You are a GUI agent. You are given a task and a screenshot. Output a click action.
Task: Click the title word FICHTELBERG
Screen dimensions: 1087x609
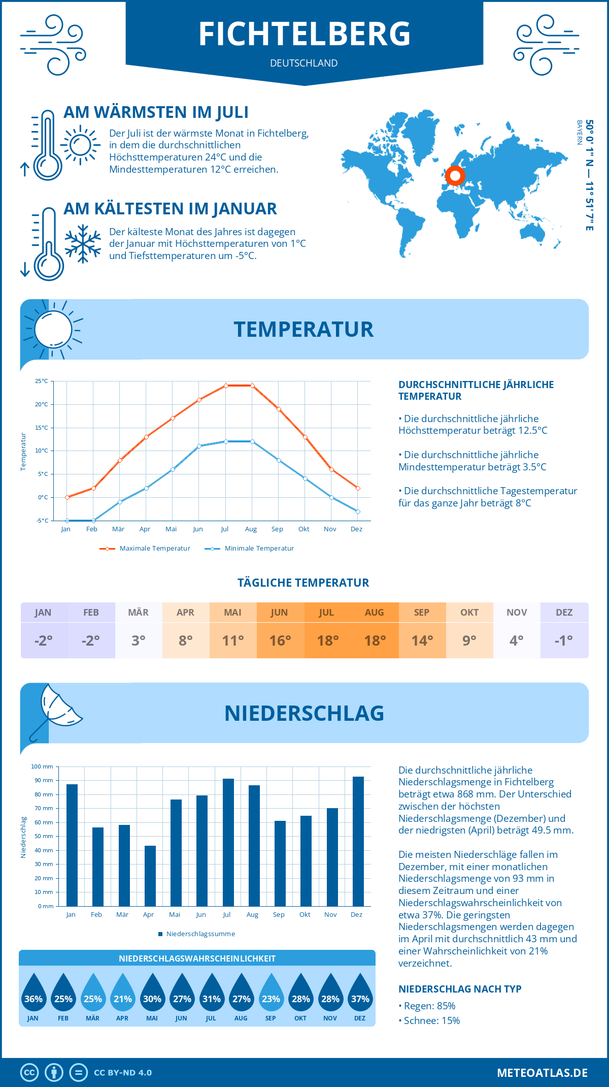pos(304,34)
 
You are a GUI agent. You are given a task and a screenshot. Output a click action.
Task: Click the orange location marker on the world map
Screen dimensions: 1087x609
pos(455,176)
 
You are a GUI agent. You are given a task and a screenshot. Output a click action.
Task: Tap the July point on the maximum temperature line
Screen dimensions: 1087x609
pos(226,386)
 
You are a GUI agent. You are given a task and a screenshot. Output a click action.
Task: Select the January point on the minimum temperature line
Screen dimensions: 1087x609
pos(67,521)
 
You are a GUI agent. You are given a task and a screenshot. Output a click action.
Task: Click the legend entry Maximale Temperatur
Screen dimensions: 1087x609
pos(155,549)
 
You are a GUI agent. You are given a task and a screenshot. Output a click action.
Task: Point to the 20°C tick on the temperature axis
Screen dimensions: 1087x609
pos(42,404)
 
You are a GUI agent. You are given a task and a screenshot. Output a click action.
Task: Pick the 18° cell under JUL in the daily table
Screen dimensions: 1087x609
pos(328,641)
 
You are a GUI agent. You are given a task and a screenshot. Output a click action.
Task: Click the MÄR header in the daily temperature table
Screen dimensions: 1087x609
pos(139,613)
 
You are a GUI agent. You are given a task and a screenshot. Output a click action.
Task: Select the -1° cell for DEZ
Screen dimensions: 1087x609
pos(564,641)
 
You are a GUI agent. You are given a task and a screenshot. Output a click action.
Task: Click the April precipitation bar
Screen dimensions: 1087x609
pos(150,876)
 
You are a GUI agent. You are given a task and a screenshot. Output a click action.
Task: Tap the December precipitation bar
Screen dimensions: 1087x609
pos(358,841)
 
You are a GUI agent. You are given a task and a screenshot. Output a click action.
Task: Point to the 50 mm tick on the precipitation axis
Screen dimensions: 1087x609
pos(44,836)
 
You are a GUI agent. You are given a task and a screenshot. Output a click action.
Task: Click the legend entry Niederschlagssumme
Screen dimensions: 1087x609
pos(200,934)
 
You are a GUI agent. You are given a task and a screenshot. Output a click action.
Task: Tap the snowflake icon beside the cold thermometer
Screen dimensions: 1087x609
pos(83,244)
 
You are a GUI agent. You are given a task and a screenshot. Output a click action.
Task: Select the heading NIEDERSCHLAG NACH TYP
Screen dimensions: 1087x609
pos(460,989)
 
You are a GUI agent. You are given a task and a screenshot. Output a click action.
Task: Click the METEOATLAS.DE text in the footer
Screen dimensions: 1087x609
pos(542,1073)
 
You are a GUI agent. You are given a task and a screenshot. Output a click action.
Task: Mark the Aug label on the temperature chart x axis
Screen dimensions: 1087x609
pos(251,529)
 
